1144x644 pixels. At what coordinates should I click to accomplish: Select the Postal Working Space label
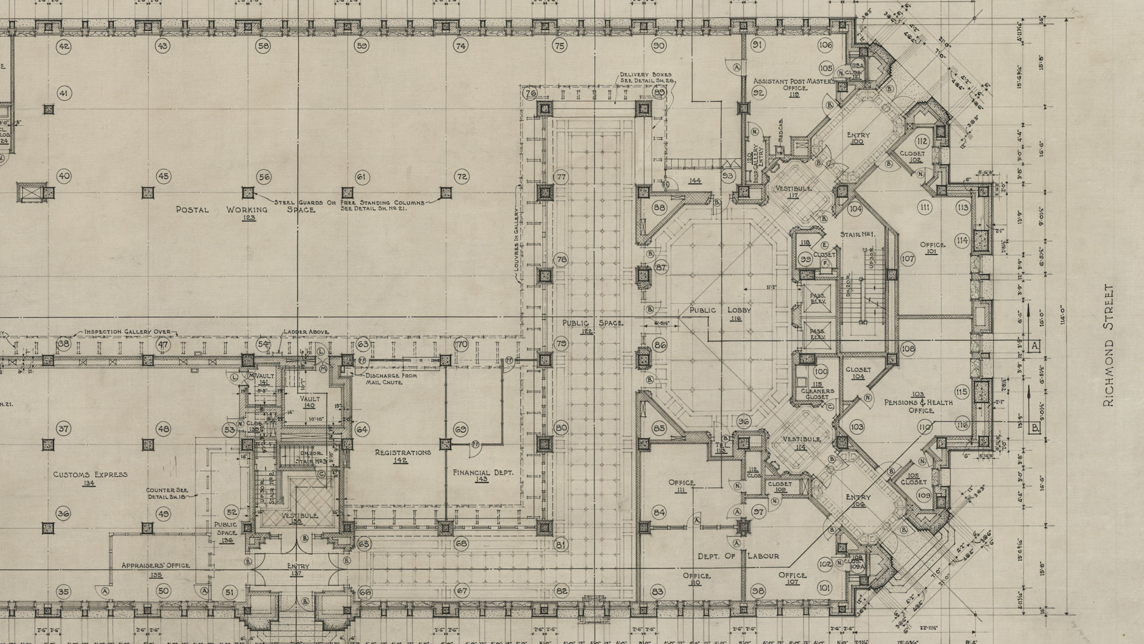(245, 210)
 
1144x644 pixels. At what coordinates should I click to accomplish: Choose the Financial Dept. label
(482, 474)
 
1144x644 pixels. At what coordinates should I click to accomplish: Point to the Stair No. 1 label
(858, 235)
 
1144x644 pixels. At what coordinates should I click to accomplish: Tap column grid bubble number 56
(264, 177)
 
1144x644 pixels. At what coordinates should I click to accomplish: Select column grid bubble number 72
(462, 177)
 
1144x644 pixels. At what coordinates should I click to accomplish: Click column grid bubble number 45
(164, 177)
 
